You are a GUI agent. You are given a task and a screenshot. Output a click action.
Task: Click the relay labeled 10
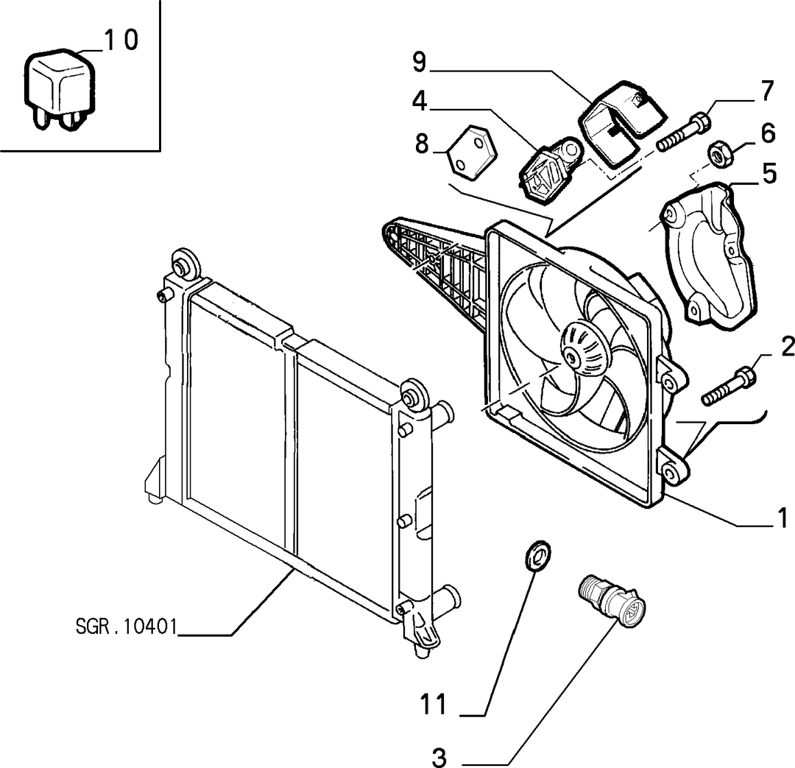pyautogui.click(x=58, y=89)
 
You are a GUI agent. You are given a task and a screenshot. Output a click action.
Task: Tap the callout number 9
pyautogui.click(x=420, y=63)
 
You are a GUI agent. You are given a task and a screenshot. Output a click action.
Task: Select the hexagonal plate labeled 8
pyautogui.click(x=472, y=152)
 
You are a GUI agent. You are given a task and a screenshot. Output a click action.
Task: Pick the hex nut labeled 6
pyautogui.click(x=720, y=152)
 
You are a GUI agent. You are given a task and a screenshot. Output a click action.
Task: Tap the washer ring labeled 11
pyautogui.click(x=537, y=555)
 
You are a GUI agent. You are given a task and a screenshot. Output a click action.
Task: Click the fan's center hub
pyautogui.click(x=583, y=350)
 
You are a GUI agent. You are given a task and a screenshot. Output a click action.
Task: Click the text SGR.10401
pyautogui.click(x=127, y=627)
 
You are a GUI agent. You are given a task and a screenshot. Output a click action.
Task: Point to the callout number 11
pyautogui.click(x=434, y=705)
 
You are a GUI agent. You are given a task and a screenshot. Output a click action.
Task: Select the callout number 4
pyautogui.click(x=420, y=101)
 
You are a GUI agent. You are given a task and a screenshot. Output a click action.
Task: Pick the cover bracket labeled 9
pyautogui.click(x=621, y=123)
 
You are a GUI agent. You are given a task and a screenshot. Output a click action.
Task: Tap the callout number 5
pyautogui.click(x=770, y=174)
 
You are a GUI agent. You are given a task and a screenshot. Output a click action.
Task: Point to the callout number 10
pyautogui.click(x=121, y=40)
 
